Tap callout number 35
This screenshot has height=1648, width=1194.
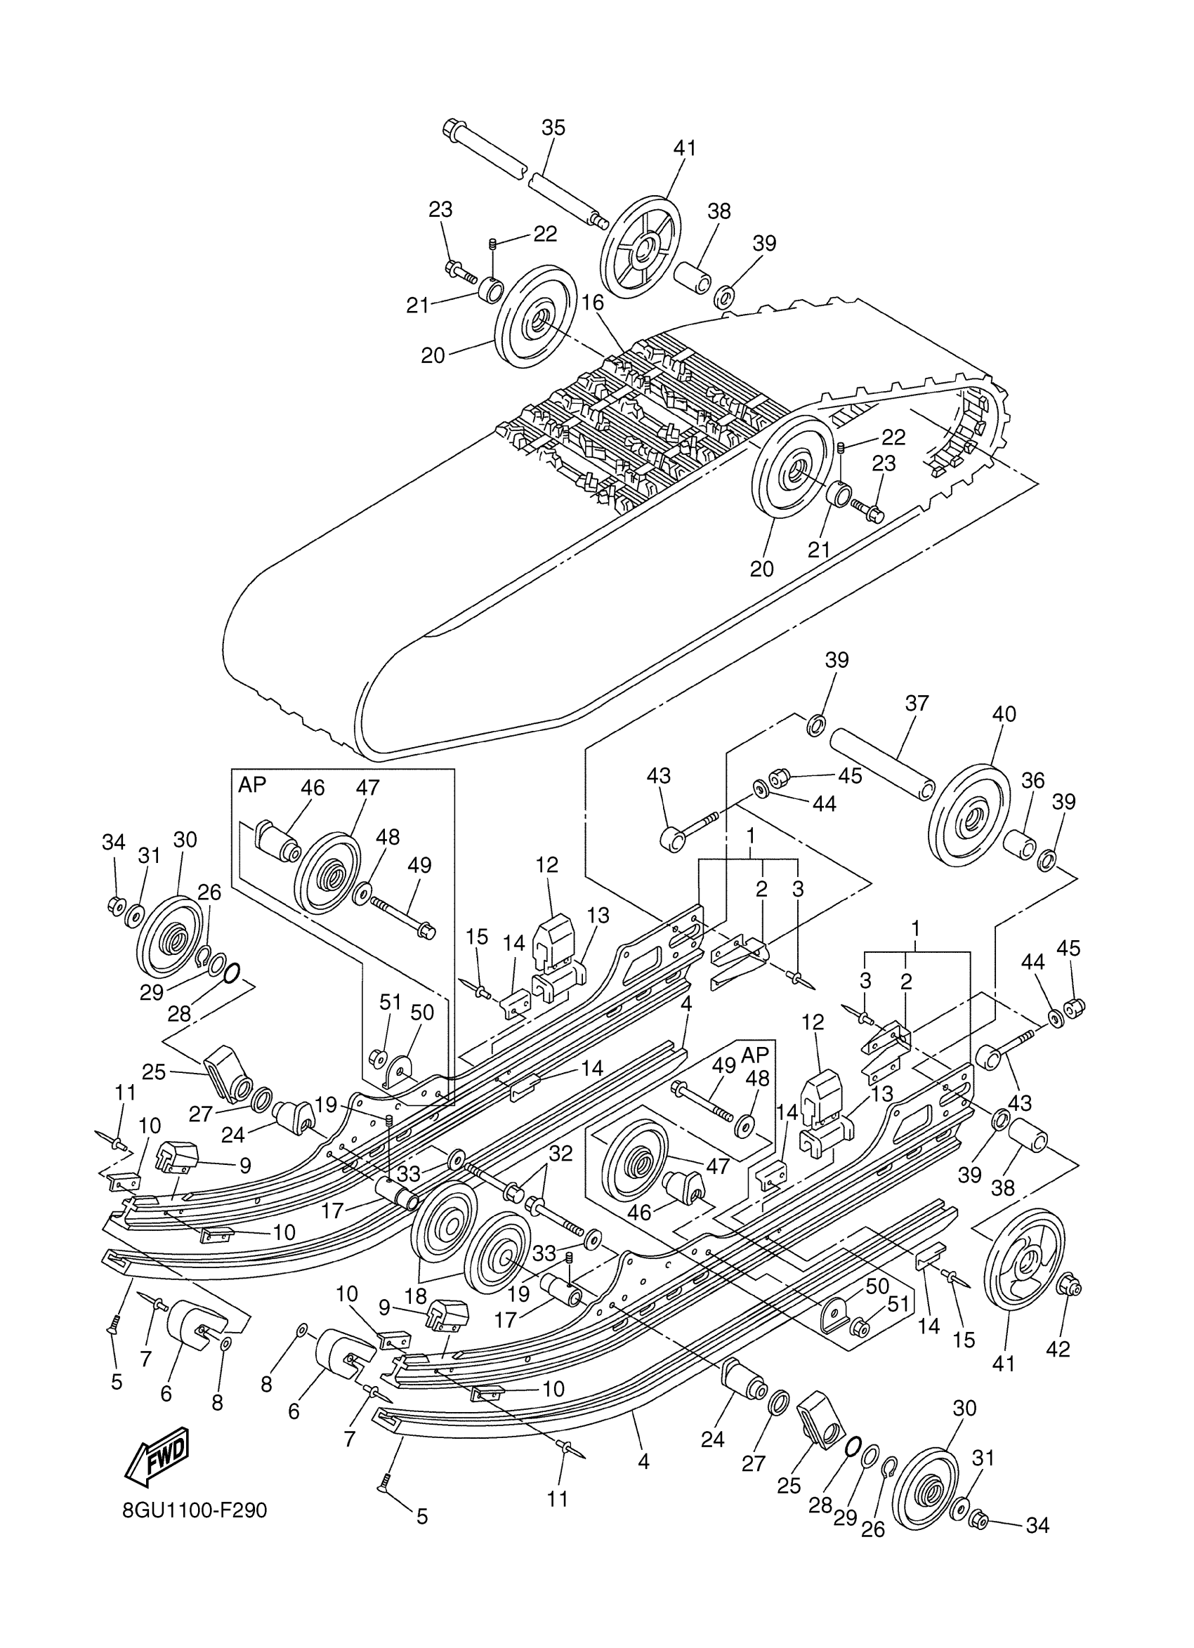(553, 128)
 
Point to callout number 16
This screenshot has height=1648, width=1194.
(592, 302)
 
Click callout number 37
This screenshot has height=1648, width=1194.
(917, 704)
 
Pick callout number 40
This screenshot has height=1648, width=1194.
(1004, 714)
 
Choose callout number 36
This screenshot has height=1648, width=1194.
(1032, 781)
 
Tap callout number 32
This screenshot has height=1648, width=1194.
(560, 1153)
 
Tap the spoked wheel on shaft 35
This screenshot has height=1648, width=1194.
(641, 247)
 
